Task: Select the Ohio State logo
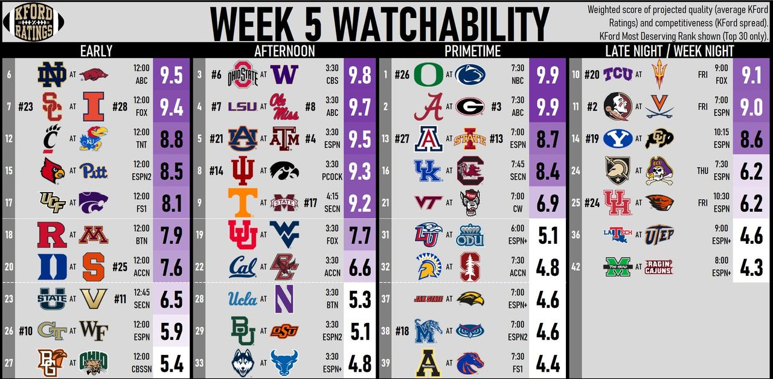tap(243, 75)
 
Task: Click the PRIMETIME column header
tap(472, 51)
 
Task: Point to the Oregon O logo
tap(428, 74)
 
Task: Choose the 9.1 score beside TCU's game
tap(751, 74)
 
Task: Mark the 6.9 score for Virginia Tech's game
tap(547, 203)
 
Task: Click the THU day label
tap(702, 171)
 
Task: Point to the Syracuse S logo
tap(93, 267)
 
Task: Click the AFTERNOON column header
tap(284, 51)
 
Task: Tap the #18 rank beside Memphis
tap(402, 331)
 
